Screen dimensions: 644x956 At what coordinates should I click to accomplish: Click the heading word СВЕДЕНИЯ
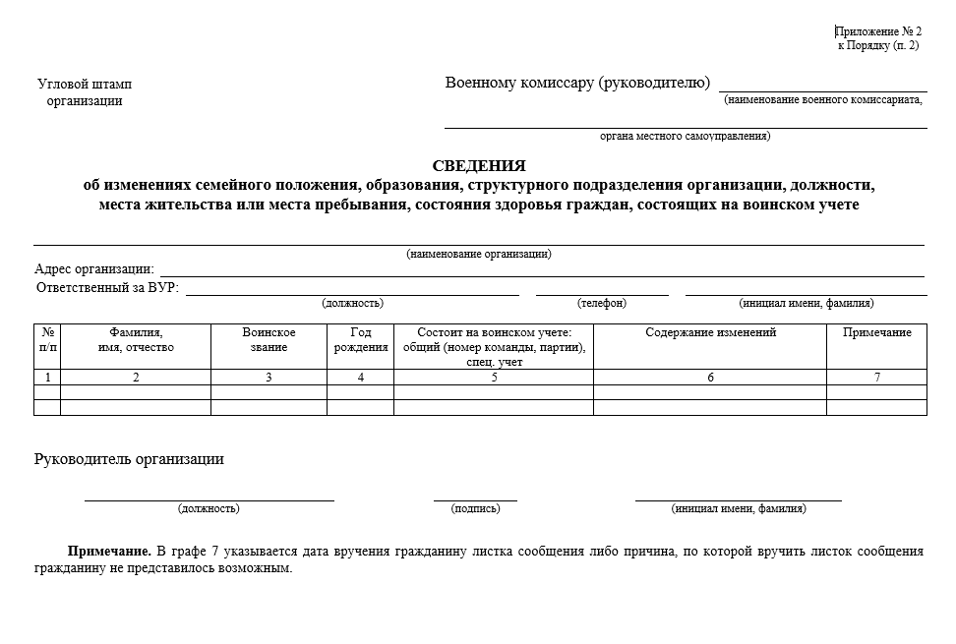(x=478, y=166)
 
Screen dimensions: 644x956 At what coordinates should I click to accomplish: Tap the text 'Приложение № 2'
(x=878, y=31)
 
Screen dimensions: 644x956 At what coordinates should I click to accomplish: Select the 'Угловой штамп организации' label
(x=85, y=92)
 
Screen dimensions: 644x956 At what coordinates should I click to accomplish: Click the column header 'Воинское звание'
(x=269, y=340)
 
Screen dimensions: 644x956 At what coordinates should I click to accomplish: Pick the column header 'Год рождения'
(x=361, y=340)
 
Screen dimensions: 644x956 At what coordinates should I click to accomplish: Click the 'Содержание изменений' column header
(x=710, y=333)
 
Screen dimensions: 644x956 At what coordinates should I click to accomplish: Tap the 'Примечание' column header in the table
(x=877, y=333)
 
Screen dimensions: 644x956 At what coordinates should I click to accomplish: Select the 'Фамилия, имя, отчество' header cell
(x=136, y=340)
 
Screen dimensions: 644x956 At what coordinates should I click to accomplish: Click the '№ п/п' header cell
(x=47, y=340)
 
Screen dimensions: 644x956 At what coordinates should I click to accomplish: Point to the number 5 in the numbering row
(x=494, y=378)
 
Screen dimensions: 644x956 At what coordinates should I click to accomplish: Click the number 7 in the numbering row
(x=877, y=378)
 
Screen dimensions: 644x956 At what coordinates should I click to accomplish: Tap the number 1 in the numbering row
(x=47, y=378)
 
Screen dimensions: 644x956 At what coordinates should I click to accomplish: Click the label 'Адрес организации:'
(x=94, y=269)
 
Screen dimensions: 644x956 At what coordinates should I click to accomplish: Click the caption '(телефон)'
(x=602, y=303)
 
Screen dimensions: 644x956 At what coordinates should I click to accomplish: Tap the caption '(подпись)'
(x=475, y=508)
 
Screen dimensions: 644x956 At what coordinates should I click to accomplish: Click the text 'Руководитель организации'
(x=129, y=459)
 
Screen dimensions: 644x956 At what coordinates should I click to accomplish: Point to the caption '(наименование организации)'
(x=479, y=254)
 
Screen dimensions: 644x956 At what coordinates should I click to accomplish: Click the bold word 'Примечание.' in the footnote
(x=108, y=552)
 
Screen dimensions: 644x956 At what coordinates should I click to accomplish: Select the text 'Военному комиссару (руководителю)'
(x=577, y=83)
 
